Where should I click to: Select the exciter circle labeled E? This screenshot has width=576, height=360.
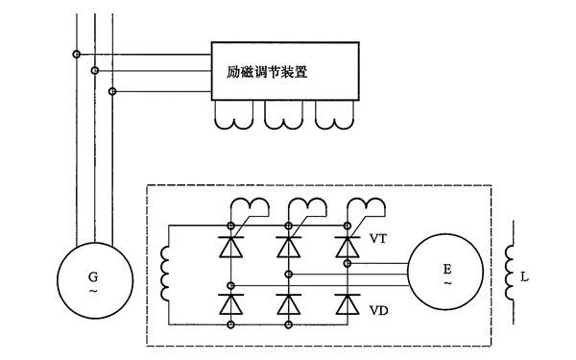pos(447,272)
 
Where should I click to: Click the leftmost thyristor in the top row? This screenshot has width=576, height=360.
pos(230,247)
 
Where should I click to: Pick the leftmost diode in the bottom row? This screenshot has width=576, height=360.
pos(230,303)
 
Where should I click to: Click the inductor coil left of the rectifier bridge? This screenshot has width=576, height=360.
pos(166,275)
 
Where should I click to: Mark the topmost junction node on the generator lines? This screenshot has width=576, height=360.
pos(77,54)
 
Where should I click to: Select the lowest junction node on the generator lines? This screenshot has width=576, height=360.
pos(112,91)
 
